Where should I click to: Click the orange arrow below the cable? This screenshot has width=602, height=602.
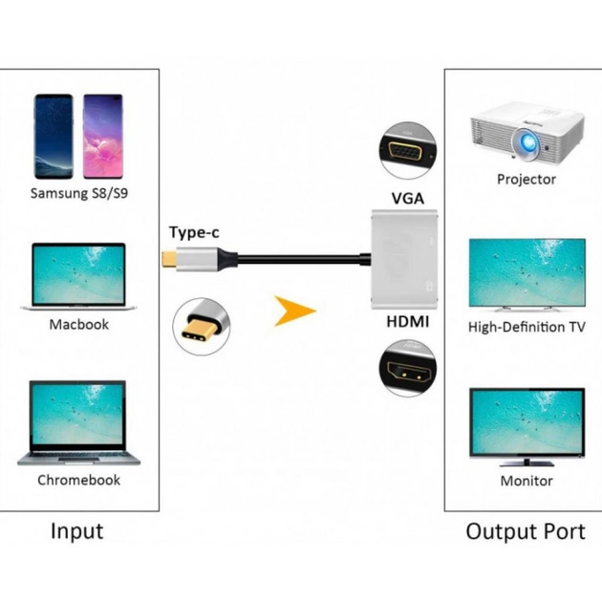pyautogui.click(x=294, y=312)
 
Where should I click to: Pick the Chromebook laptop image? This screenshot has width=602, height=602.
pyautogui.click(x=78, y=423)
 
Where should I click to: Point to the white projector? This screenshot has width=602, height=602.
pyautogui.click(x=526, y=136)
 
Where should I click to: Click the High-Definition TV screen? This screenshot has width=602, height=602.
pyautogui.click(x=526, y=273)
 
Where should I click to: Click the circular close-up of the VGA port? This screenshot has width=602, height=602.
pyautogui.click(x=408, y=151)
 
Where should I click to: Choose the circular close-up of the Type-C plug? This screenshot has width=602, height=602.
pyautogui.click(x=201, y=325)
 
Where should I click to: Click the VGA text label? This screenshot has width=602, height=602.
pyautogui.click(x=408, y=199)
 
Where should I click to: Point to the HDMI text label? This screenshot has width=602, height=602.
pyautogui.click(x=407, y=323)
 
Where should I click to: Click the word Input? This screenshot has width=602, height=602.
pyautogui.click(x=76, y=531)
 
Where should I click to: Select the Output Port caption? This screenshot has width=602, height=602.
pyautogui.click(x=526, y=531)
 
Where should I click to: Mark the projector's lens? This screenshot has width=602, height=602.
pyautogui.click(x=525, y=142)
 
